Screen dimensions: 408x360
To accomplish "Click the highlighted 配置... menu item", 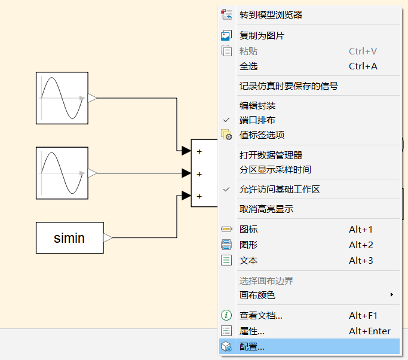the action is pyautogui.click(x=309, y=346).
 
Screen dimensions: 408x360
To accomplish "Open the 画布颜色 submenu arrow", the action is pyautogui.click(x=392, y=295).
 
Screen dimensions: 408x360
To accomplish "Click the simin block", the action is pyautogui.click(x=70, y=237).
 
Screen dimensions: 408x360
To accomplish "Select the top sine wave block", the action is pyautogui.click(x=62, y=98).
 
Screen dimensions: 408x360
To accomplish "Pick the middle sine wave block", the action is pyautogui.click(x=62, y=173).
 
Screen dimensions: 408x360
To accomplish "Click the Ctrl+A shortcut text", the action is pyautogui.click(x=363, y=66).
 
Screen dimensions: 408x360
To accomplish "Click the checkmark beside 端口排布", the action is pyautogui.click(x=226, y=120).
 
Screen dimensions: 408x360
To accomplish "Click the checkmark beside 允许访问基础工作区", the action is pyautogui.click(x=226, y=189).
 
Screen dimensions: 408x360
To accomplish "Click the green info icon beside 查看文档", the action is pyautogui.click(x=226, y=315).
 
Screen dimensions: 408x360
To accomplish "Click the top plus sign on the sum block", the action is pyautogui.click(x=200, y=151).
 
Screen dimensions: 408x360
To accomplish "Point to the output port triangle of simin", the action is pyautogui.click(x=108, y=237).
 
